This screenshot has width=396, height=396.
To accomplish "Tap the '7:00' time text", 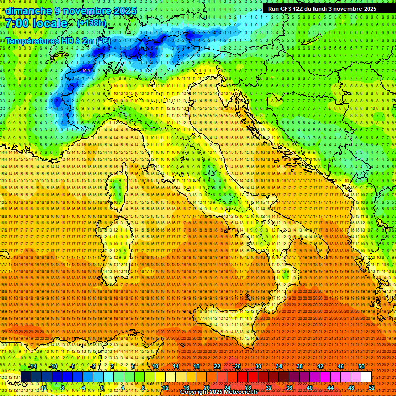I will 18,24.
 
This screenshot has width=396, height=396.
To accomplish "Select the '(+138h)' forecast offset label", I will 91,23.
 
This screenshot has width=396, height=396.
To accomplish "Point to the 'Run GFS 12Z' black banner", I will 322,9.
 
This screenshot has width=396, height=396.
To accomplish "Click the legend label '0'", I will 102,388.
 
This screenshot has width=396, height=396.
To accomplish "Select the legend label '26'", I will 238,366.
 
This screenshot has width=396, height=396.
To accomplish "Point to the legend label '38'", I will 300,366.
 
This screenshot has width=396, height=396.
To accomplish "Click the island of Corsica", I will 118,188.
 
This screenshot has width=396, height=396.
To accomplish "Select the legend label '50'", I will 361,366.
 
